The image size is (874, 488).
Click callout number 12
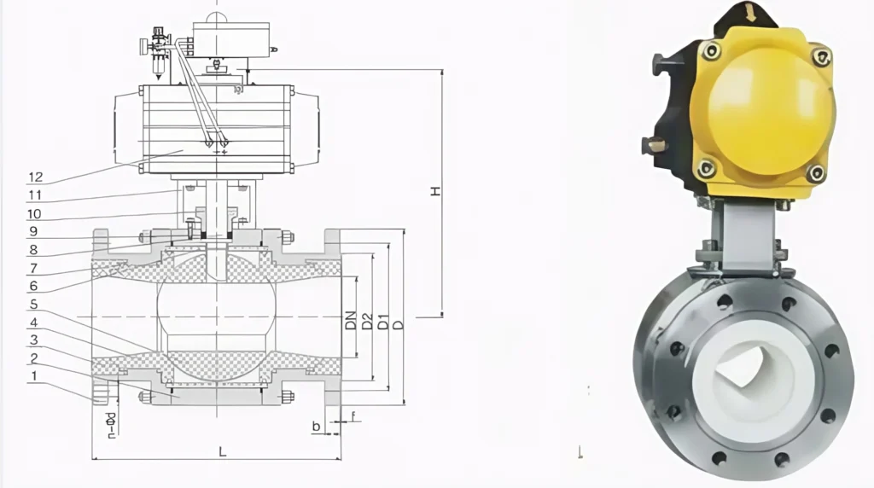(35, 177)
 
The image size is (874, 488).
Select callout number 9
(33, 231)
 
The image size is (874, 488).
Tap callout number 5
(33, 304)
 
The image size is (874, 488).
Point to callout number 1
(33, 375)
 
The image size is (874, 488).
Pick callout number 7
(33, 268)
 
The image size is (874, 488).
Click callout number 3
(33, 340)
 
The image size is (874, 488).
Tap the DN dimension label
(351, 321)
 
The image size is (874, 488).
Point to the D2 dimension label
(366, 322)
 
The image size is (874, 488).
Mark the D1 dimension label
(383, 322)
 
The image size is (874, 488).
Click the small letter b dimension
(316, 424)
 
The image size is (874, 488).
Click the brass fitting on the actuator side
(655, 145)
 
